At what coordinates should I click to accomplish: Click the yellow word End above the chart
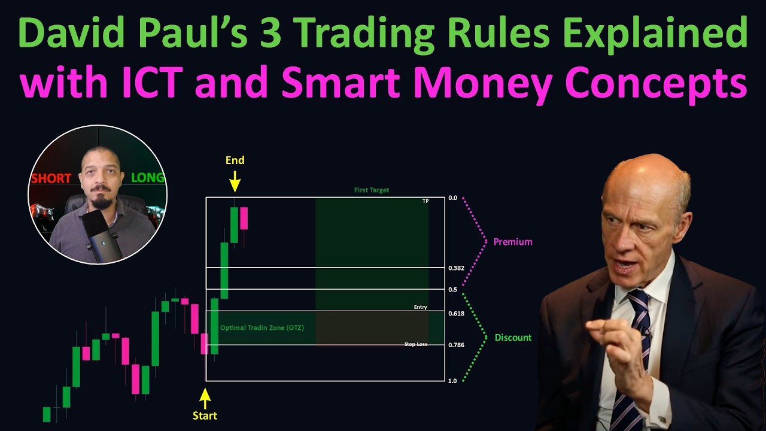tap(235, 160)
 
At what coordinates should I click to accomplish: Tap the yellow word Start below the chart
tap(205, 415)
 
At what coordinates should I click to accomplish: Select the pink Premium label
tap(512, 242)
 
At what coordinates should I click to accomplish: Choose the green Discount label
tap(513, 338)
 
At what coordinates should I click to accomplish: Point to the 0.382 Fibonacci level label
tap(456, 268)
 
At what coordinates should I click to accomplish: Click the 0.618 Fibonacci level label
tap(456, 314)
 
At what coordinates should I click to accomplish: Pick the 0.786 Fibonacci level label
tap(456, 345)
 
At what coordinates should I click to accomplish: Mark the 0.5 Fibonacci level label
tap(452, 290)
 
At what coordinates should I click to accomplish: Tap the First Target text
tap(371, 190)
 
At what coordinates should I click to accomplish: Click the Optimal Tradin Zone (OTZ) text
tap(262, 327)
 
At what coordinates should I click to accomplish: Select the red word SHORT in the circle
tap(51, 178)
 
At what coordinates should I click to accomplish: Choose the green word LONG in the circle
tap(147, 178)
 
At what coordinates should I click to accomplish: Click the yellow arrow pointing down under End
tap(235, 181)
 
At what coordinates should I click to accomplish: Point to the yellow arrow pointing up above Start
tap(205, 398)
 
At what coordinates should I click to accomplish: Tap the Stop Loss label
tap(415, 345)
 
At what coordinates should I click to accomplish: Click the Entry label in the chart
tap(420, 307)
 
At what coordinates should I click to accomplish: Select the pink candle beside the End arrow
tap(244, 218)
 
